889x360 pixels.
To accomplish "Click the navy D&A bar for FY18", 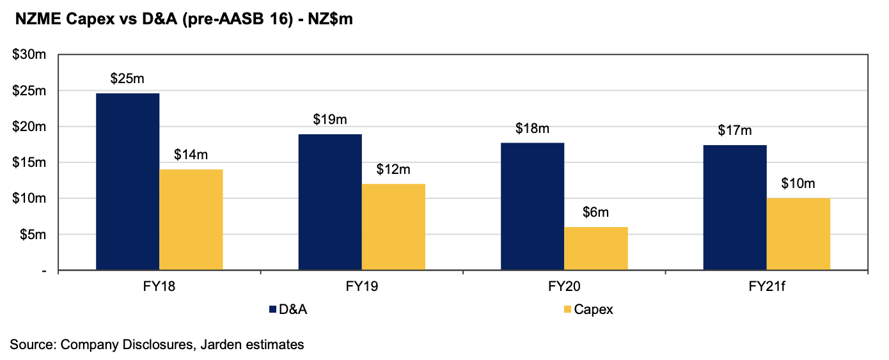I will (x=127, y=182).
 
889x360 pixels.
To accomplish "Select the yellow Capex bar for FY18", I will (x=191, y=220).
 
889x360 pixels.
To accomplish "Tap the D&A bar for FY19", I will (x=330, y=203).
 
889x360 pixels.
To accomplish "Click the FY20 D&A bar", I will (x=532, y=207).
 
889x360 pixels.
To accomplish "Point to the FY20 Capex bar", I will (x=595, y=249).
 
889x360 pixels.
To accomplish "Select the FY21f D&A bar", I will (x=735, y=208).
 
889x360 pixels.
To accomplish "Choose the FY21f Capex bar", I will (x=798, y=234).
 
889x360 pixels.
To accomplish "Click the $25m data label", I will (x=127, y=79).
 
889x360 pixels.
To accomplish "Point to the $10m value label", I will (x=798, y=184).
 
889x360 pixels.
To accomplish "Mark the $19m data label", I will (x=330, y=120).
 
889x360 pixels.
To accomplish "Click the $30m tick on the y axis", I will (x=29, y=55).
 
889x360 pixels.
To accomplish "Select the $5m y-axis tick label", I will (x=31, y=235).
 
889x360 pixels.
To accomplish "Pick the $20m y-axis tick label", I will (x=29, y=127).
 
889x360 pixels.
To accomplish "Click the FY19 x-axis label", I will (x=361, y=286).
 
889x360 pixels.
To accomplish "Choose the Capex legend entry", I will (x=593, y=310).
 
